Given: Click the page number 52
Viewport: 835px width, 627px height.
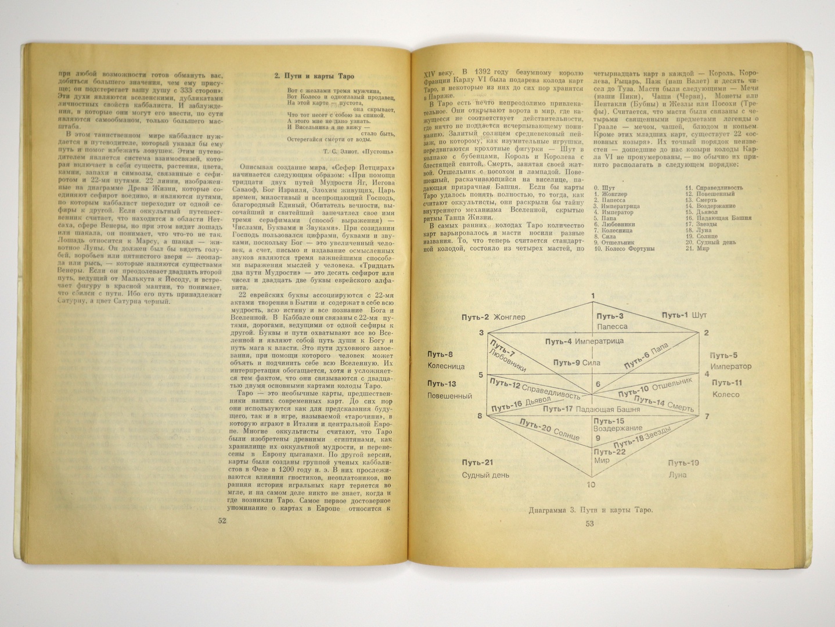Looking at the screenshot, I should click(222, 521).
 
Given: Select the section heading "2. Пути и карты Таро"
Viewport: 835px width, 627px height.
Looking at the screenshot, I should click(314, 75).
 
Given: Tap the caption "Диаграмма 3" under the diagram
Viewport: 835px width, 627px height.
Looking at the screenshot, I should click(591, 510).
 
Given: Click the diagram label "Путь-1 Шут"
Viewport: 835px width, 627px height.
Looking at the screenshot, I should click(684, 315).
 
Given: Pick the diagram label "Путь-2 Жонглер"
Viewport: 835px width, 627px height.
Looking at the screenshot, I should click(493, 317).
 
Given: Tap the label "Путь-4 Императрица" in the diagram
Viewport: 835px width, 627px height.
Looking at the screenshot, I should click(584, 341).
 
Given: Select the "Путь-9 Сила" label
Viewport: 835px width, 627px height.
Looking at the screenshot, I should click(577, 363).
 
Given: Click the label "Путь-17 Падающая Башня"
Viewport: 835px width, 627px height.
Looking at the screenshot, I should click(591, 409).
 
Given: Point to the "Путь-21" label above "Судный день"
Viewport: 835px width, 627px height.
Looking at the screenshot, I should click(477, 463).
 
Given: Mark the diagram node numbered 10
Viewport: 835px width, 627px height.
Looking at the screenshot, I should click(591, 485).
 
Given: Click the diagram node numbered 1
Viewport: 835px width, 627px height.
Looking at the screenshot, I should click(593, 297).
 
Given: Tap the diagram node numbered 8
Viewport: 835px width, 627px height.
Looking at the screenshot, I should click(480, 416).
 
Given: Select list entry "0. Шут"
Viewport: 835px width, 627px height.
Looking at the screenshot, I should click(604, 188).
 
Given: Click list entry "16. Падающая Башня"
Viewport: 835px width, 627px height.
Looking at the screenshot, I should click(718, 218).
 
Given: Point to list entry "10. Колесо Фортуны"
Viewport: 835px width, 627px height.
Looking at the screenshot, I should click(624, 248).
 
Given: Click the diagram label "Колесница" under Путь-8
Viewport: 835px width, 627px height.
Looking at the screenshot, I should click(446, 366).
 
